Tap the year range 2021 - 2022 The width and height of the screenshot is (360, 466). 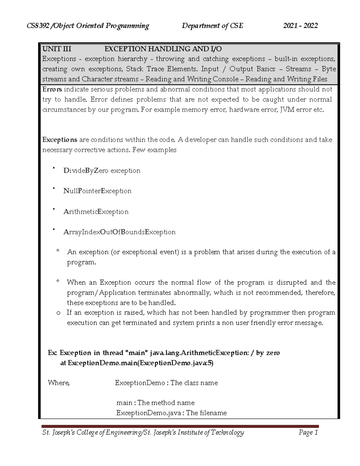tap(300, 26)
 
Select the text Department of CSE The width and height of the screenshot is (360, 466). tap(212, 26)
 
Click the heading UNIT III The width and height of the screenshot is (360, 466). tap(57, 49)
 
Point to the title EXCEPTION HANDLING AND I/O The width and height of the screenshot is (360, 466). tap(163, 49)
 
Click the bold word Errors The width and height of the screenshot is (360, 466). tap(52, 89)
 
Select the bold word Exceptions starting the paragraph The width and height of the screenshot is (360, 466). tap(60, 140)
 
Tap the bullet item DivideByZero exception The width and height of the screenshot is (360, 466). tap(102, 171)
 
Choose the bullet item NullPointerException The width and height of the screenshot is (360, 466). tap(97, 191)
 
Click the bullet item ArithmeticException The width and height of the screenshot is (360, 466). tap(96, 212)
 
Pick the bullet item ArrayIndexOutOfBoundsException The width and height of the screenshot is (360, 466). tap(119, 232)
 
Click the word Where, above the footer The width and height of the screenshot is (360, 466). tap(58, 383)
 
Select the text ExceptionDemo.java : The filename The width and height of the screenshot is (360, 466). tap(171, 413)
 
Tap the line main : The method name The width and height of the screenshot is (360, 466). tap(155, 403)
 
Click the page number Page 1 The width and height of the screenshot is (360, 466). tap(308, 432)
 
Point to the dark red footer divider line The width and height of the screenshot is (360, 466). tap(180, 426)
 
